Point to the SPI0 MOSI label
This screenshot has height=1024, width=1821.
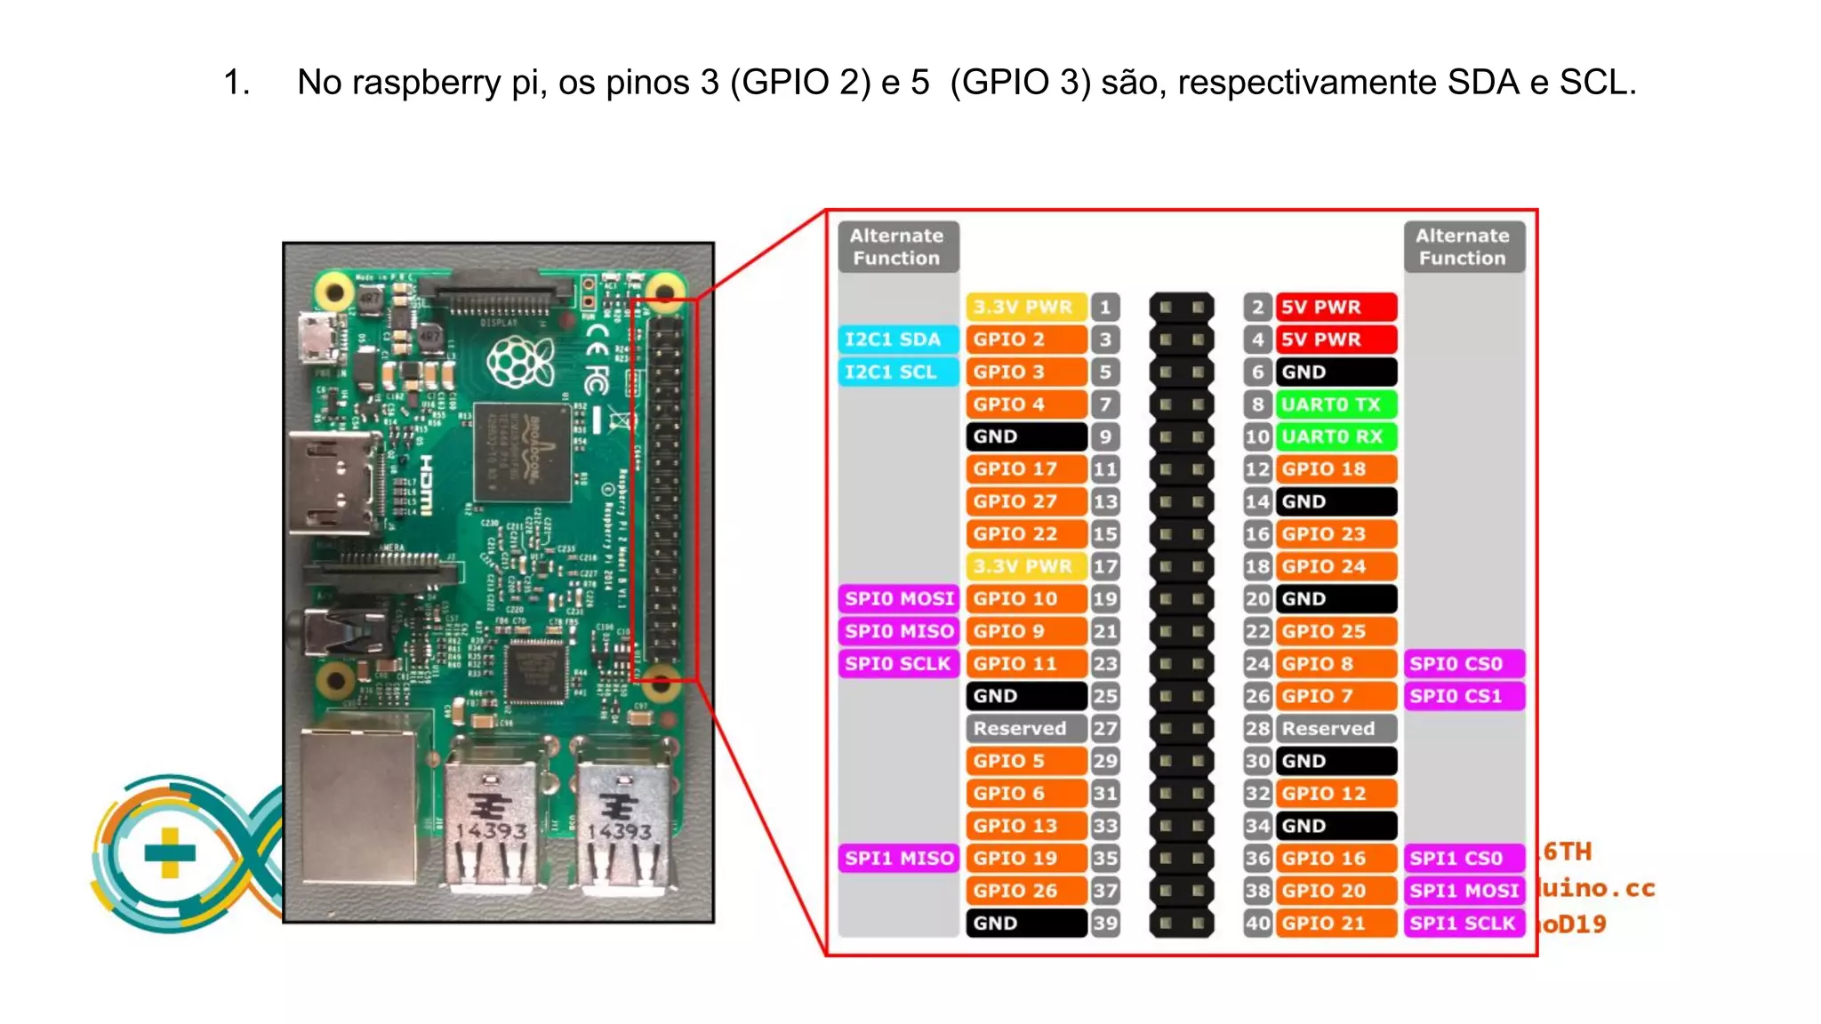click(x=898, y=599)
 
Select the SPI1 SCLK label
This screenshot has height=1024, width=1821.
click(x=1464, y=924)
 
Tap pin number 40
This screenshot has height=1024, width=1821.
click(x=1256, y=924)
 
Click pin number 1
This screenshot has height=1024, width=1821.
click(x=1105, y=308)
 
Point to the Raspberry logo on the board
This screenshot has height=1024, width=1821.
click(x=520, y=363)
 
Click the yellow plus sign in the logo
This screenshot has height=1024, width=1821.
click(x=169, y=852)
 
